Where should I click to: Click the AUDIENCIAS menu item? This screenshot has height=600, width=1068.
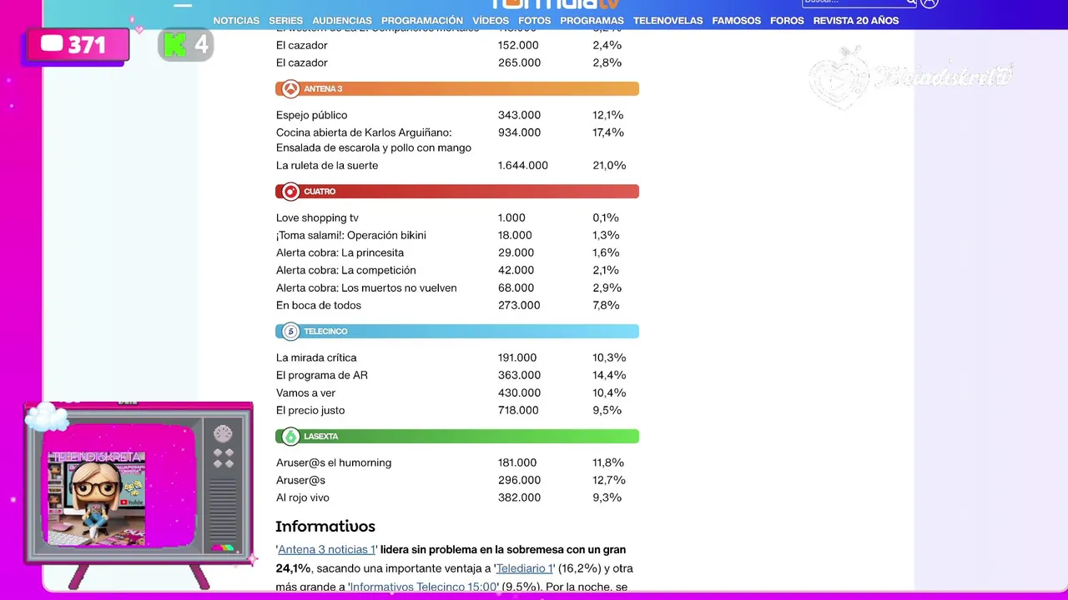[x=342, y=21]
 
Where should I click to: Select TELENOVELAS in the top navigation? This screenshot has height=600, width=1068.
[x=667, y=21]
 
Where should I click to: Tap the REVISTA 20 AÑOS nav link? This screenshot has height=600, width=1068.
[x=855, y=21]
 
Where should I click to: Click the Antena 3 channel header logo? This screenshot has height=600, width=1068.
[x=290, y=89]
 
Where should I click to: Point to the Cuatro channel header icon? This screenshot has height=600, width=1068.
[x=290, y=192]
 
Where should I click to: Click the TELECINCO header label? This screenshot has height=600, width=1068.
[x=325, y=332]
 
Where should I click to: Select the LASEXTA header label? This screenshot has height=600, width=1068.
[x=320, y=437]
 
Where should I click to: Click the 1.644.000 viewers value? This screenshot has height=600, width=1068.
[x=522, y=166]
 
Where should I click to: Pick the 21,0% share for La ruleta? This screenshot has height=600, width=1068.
[x=609, y=166]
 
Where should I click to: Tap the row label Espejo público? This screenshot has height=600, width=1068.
[x=311, y=115]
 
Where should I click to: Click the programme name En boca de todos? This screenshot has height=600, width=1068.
[x=319, y=306]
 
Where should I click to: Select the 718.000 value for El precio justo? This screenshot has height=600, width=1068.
[x=518, y=411]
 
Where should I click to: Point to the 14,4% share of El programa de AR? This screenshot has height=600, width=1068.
[x=608, y=376]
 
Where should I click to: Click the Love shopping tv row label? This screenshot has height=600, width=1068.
[x=317, y=218]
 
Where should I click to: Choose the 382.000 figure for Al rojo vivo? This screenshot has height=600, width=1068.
[x=518, y=498]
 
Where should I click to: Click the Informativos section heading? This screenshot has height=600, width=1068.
[x=325, y=527]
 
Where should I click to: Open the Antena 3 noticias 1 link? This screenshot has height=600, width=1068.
[x=326, y=550]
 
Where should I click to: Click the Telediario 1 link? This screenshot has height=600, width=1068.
[x=524, y=569]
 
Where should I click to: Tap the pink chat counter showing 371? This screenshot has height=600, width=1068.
[x=78, y=45]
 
